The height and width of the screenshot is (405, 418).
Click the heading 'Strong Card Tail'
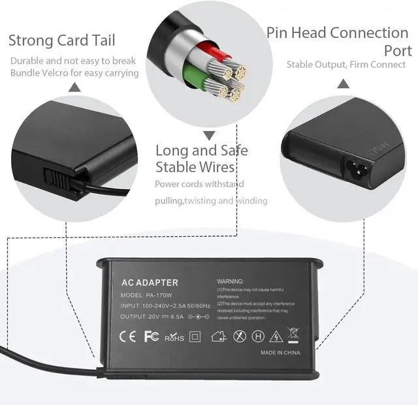click(61, 40)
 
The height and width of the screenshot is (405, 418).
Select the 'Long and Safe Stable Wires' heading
click(201, 158)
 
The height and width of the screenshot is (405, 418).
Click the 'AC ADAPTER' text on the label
click(150, 282)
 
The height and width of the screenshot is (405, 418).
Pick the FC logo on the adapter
click(151, 337)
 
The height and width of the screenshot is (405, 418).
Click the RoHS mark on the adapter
click(174, 338)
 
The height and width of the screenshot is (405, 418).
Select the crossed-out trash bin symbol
click(294, 335)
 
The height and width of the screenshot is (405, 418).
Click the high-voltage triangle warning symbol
click(276, 337)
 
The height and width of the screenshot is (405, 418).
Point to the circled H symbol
click(258, 337)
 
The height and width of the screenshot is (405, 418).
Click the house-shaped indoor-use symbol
click(219, 337)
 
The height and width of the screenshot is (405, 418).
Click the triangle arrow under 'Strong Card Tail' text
click(75, 87)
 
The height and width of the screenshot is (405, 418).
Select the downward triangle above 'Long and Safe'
click(209, 136)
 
